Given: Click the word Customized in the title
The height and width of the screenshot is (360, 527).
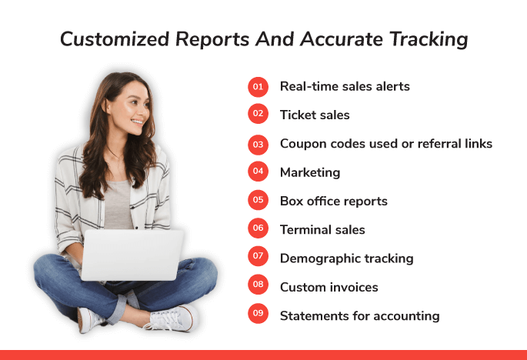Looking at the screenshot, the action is pyautogui.click(x=115, y=39).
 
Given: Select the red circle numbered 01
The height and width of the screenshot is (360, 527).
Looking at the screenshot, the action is pyautogui.click(x=258, y=87).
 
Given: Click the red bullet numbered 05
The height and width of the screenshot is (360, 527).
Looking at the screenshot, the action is pyautogui.click(x=258, y=200).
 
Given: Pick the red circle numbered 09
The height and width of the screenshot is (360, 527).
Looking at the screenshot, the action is pyautogui.click(x=258, y=313).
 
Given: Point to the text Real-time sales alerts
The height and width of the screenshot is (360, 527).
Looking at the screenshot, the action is pyautogui.click(x=345, y=86).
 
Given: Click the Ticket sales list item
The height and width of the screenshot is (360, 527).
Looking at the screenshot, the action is pyautogui.click(x=315, y=115).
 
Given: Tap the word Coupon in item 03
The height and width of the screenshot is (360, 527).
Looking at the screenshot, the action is pyautogui.click(x=303, y=144).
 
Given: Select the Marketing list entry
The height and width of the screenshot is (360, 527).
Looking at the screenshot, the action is pyautogui.click(x=310, y=173).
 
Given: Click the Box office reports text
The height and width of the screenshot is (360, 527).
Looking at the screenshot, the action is pyautogui.click(x=334, y=202).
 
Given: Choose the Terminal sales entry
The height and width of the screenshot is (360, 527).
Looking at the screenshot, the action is pyautogui.click(x=322, y=230).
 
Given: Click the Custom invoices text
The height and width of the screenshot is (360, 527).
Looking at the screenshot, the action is pyautogui.click(x=329, y=288).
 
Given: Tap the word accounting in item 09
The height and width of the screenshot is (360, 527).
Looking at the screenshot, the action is pyautogui.click(x=406, y=316).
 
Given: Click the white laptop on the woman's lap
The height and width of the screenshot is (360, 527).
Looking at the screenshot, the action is pyautogui.click(x=132, y=255).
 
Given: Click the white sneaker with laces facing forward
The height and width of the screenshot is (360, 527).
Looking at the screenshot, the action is pyautogui.click(x=172, y=318).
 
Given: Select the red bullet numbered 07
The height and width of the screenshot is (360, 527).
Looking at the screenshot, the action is pyautogui.click(x=258, y=256).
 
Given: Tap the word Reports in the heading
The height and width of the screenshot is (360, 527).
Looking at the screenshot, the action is pyautogui.click(x=212, y=40).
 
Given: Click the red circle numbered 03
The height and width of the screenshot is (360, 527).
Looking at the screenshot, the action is pyautogui.click(x=258, y=145).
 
